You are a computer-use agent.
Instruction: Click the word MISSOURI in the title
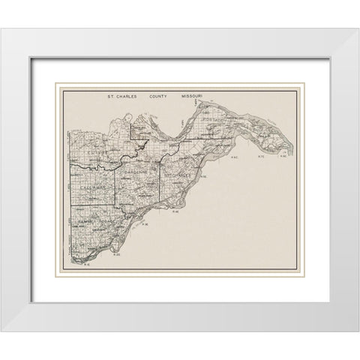point(196,97)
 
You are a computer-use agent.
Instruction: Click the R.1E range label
point(87,264)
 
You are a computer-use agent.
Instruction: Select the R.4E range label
point(174,211)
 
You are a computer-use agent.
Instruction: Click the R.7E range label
point(262,157)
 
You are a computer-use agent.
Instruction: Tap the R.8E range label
point(283,157)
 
